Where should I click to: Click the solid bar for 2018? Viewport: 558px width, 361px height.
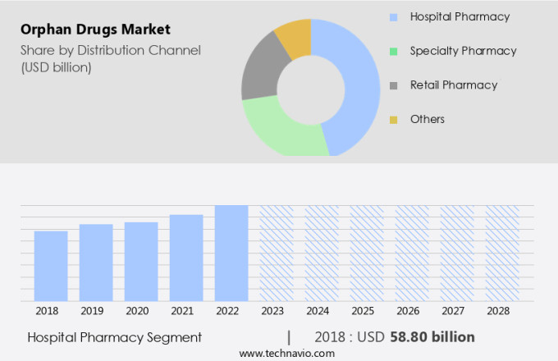51,266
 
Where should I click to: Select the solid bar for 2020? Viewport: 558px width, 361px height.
141,261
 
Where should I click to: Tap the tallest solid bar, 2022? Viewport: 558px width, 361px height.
231,253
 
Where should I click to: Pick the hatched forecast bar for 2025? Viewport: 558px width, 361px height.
367,253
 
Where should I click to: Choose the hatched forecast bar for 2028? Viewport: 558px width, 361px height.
502,253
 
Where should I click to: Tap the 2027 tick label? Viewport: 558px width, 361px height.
457,312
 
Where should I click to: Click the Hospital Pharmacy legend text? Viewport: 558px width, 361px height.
460,16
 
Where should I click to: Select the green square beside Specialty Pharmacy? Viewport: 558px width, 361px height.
393,51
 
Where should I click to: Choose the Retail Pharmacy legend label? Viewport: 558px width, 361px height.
454,85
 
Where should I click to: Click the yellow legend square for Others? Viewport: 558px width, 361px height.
393,120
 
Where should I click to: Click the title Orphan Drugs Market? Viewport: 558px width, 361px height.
96,30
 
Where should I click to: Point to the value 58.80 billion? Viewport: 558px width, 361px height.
432,336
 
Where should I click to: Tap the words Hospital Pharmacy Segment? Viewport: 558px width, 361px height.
114,336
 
